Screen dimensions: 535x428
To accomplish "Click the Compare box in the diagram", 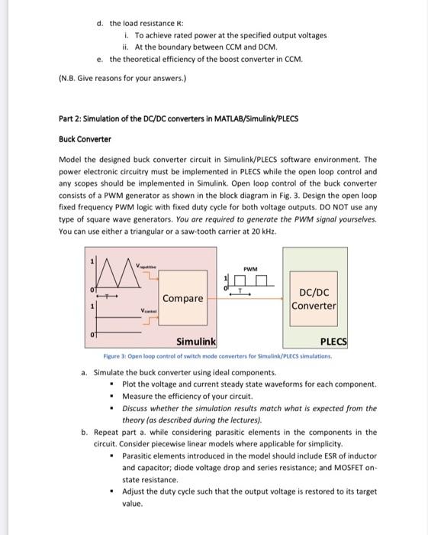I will point(182,298).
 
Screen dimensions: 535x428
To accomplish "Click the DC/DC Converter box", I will point(314,299).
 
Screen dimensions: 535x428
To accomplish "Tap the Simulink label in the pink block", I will point(196,341).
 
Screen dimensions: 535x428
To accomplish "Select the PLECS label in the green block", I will point(333,342).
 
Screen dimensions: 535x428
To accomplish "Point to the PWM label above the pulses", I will point(249,268).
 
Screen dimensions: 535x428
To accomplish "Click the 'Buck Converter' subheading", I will point(85,139).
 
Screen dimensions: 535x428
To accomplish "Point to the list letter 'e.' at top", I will point(100,58).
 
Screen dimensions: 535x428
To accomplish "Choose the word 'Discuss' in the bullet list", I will point(137,408).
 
